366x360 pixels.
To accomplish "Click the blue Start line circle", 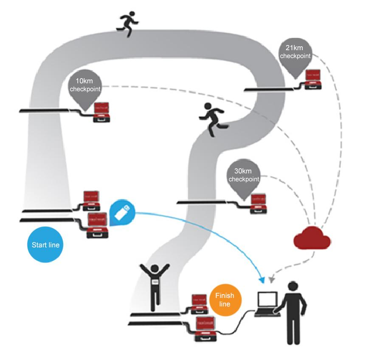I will click(45, 245).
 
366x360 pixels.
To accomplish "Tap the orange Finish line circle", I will click(225, 300).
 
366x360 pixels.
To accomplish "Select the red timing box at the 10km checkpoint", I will click(102, 112).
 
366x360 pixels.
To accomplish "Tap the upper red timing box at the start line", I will click(94, 199).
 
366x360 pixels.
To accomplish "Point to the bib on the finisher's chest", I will click(155, 282).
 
